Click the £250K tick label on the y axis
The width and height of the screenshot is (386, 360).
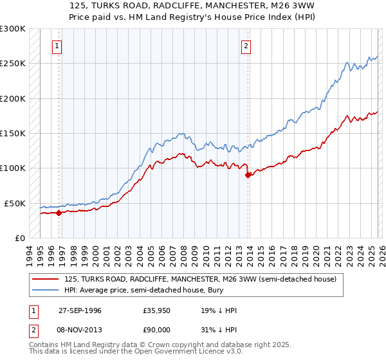click(13, 64)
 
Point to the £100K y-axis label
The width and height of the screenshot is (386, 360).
click(13, 168)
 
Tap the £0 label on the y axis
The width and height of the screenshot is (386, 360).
click(20, 238)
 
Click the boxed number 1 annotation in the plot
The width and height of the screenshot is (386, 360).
click(58, 46)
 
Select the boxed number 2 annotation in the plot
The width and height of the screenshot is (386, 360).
click(246, 46)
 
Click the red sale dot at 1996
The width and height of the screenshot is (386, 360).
click(59, 213)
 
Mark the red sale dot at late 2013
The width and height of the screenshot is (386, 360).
click(248, 175)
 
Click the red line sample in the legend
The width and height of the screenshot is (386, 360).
click(46, 279)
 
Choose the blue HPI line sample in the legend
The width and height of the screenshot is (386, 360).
click(46, 291)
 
